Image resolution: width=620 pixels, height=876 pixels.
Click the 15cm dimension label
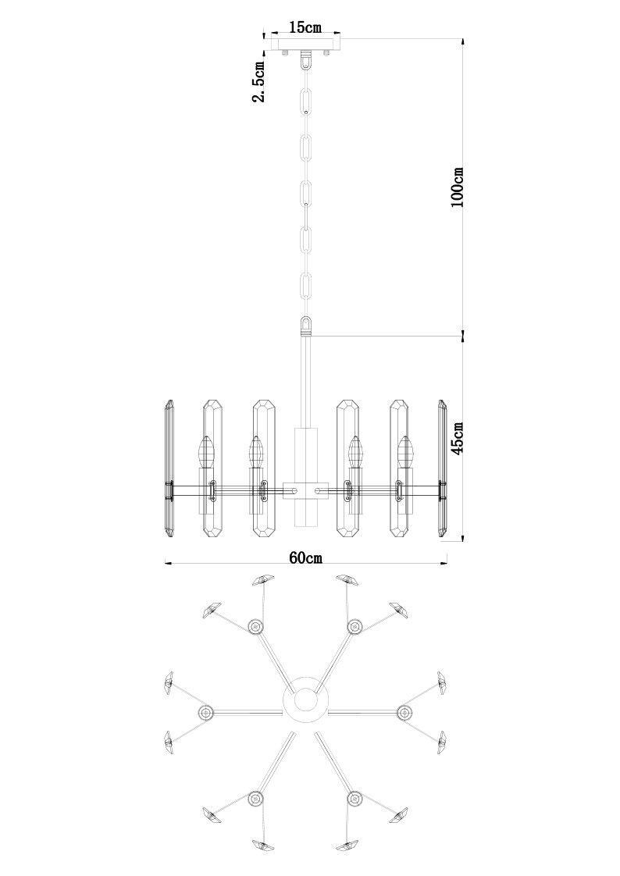click(x=305, y=27)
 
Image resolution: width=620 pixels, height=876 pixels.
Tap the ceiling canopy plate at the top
click(x=305, y=45)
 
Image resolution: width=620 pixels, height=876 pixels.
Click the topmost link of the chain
click(x=306, y=100)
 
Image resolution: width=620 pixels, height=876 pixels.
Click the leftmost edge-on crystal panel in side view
click(x=169, y=468)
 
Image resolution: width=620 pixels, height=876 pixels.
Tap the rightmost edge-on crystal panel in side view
click(x=442, y=468)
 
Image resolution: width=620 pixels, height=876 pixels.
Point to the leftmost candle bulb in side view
click(x=206, y=451)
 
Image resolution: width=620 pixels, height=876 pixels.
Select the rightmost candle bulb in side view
click(x=405, y=451)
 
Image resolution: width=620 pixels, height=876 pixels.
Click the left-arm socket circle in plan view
click(x=206, y=712)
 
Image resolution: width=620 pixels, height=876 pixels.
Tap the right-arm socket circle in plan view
click(x=404, y=712)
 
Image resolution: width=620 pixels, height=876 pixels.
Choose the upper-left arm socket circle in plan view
click(x=255, y=626)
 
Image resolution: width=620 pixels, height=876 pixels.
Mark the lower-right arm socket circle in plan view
click(x=355, y=799)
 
